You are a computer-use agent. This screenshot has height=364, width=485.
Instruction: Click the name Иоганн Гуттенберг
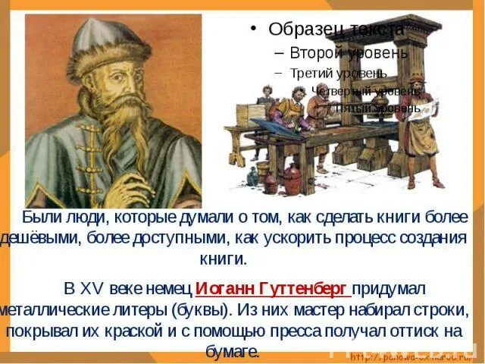coord(273,290)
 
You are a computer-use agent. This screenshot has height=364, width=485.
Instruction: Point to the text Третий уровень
coord(338,74)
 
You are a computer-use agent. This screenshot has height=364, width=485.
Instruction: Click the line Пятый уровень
coord(377,108)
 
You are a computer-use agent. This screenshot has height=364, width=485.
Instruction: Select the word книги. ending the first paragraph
coord(224,258)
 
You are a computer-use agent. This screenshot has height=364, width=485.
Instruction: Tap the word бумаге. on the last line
coord(233,352)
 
